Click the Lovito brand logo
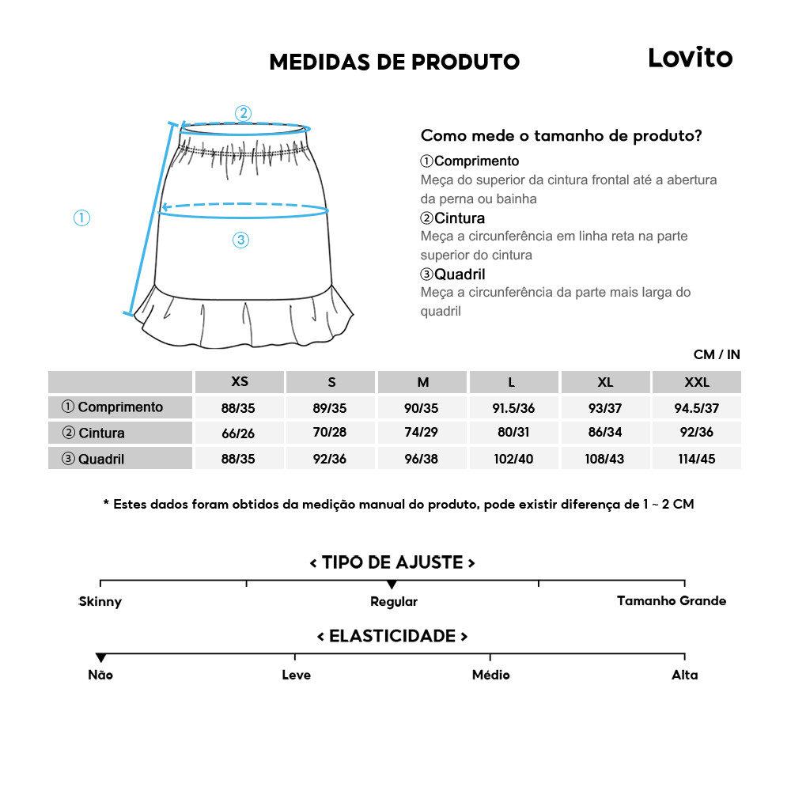(x=690, y=58)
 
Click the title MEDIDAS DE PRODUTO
(x=394, y=62)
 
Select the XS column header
(x=240, y=382)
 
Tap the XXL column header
(x=697, y=382)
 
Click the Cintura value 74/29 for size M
(x=423, y=433)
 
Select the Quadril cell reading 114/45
(x=697, y=459)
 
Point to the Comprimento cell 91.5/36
(x=515, y=407)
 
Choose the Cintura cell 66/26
(x=240, y=433)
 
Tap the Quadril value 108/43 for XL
(x=606, y=459)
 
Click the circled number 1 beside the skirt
(x=81, y=218)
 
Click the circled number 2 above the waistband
(x=244, y=113)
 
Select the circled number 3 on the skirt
(x=241, y=240)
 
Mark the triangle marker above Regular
(x=392, y=585)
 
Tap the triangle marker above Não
(x=100, y=658)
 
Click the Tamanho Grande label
(x=672, y=601)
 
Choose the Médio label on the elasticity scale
(x=490, y=675)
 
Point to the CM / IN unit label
(x=717, y=354)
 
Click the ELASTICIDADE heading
(x=392, y=636)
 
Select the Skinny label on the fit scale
(x=100, y=602)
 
